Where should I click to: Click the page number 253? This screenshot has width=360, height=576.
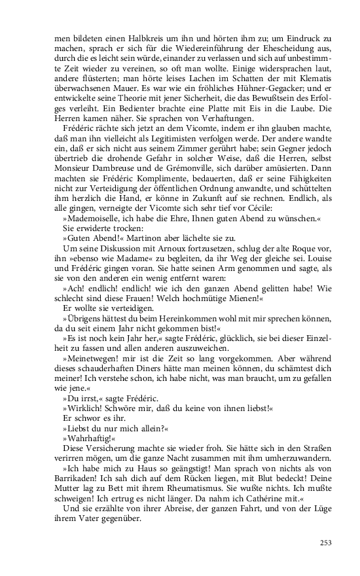(x=325, y=542)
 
